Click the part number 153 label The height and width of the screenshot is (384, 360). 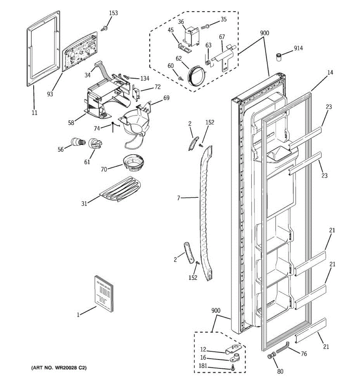[x=113, y=13]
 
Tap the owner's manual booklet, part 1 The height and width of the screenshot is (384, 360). [x=104, y=293]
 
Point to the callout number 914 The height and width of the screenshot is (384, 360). [x=298, y=48]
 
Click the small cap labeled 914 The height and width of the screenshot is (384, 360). [x=279, y=57]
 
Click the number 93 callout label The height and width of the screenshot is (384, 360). [x=50, y=94]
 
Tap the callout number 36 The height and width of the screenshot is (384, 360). [x=181, y=22]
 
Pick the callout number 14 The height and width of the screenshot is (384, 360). [x=330, y=73]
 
